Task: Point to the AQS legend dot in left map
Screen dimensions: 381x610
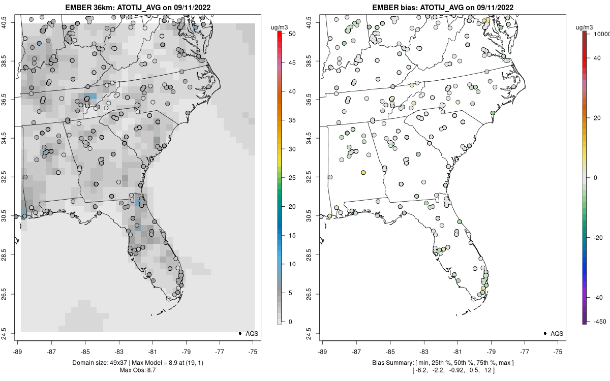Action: (x=239, y=333)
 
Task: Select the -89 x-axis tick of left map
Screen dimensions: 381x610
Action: (x=18, y=351)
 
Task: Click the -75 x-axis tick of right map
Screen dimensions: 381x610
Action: (x=559, y=351)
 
